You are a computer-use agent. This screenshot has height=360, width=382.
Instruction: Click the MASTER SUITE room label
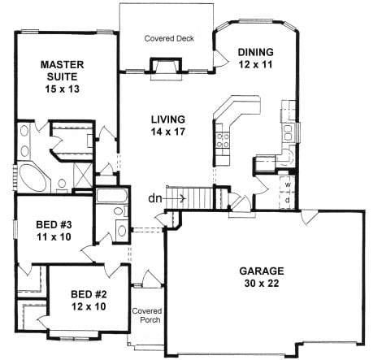pos(62,76)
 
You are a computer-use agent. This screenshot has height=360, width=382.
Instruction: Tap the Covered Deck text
pos(169,38)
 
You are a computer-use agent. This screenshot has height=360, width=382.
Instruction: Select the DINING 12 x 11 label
pos(255,58)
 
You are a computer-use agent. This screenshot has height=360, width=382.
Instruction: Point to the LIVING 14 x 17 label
pos(168,125)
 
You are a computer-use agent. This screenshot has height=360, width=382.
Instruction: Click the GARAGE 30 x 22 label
pos(262,277)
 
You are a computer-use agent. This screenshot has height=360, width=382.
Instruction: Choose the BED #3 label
pos(54,231)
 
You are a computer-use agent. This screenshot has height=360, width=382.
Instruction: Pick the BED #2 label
pos(89,301)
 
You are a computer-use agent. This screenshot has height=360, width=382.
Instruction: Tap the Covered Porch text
pos(147,315)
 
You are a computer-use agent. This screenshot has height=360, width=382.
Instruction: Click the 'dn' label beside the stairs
pos(155,198)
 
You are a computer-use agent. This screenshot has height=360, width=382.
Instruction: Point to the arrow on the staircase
pos(174,198)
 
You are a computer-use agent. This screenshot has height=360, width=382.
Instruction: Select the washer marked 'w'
pos(287,184)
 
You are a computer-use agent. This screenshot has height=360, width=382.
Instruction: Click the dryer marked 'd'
pos(287,200)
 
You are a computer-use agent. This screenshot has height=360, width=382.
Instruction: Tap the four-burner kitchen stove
pos(223,141)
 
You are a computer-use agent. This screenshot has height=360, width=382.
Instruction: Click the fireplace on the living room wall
pos(166,67)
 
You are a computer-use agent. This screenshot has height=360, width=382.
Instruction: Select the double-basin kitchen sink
pos(287,133)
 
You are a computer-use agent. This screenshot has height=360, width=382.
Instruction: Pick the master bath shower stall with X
pos(83,175)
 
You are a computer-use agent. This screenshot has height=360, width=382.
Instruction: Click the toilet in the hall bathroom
pos(120,210)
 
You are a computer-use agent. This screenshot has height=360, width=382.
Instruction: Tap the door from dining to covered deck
pos(219,59)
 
